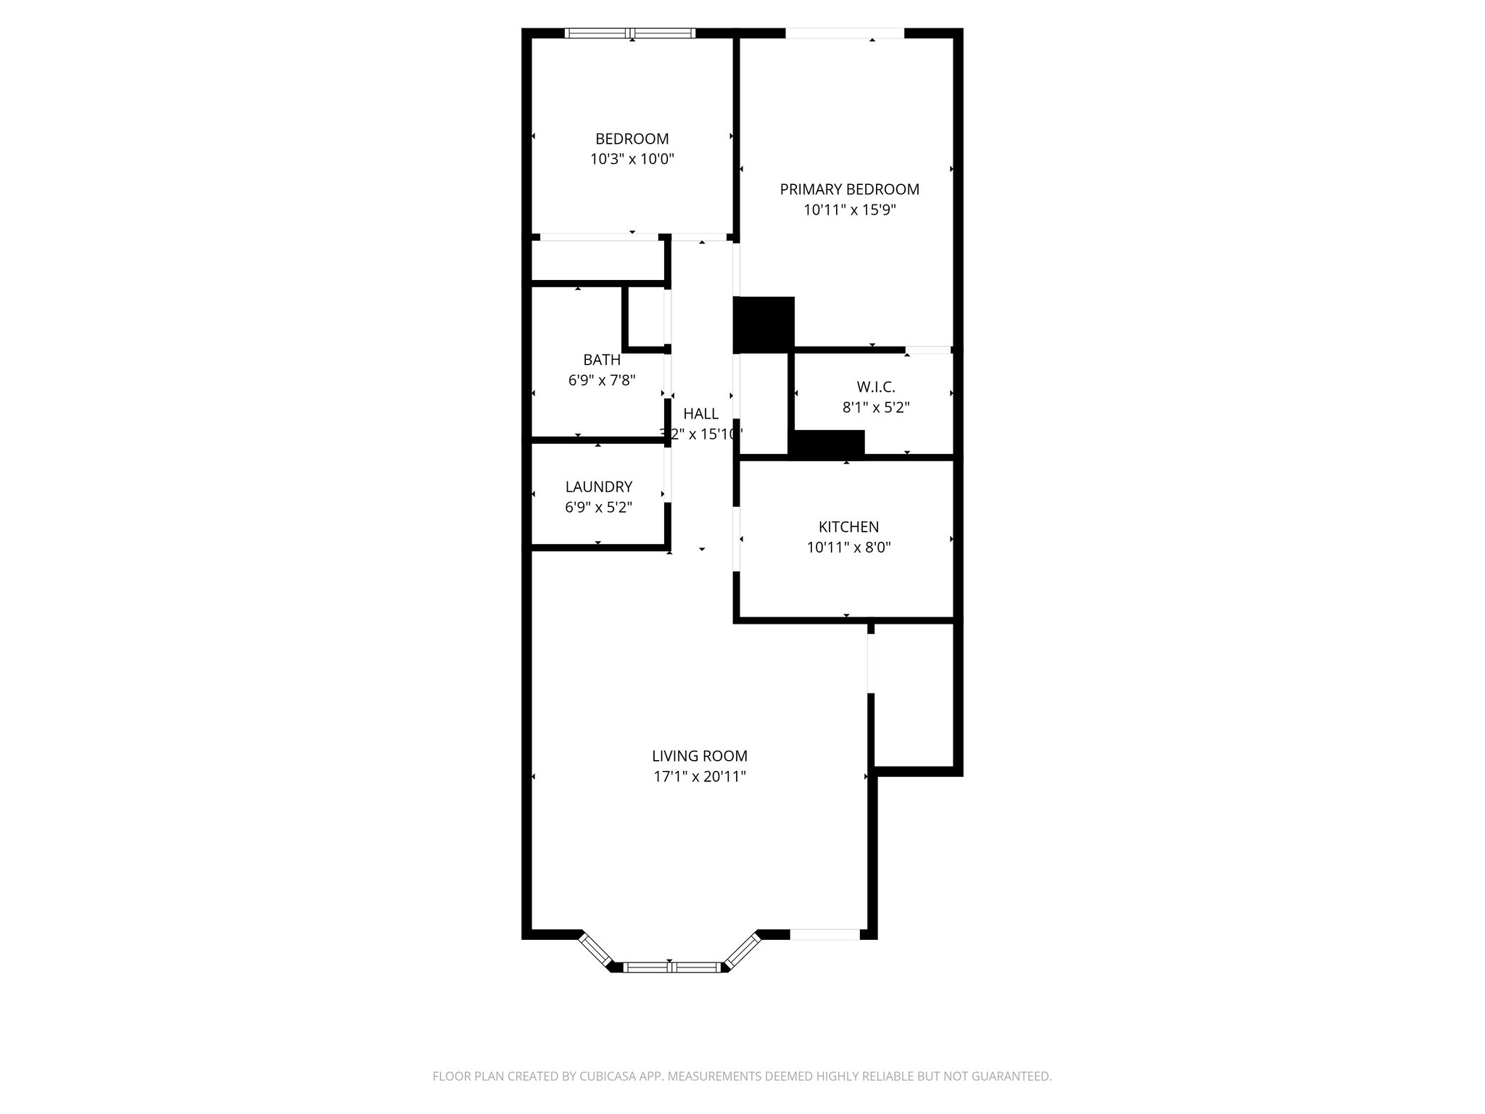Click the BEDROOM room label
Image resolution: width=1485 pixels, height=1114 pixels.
tap(632, 139)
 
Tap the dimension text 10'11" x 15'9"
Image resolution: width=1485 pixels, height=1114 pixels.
tap(849, 210)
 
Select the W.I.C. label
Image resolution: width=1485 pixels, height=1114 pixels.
tap(875, 387)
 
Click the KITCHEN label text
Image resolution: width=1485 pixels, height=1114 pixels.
tap(848, 527)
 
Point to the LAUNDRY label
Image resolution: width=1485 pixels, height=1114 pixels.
tap(598, 487)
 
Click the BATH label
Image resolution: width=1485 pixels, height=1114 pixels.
tap(601, 360)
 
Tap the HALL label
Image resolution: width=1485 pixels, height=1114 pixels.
tap(700, 414)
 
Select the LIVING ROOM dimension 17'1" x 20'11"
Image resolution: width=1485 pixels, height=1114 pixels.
tap(699, 777)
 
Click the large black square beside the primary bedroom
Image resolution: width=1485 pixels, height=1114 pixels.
tap(764, 324)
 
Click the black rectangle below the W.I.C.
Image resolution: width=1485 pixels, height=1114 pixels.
tap(827, 443)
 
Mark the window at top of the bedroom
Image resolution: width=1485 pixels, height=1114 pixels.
tap(630, 33)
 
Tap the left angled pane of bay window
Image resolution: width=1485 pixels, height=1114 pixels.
tap(596, 949)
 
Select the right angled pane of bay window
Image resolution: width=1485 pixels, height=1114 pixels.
tap(742, 949)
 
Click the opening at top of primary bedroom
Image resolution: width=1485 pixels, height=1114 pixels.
tap(845, 33)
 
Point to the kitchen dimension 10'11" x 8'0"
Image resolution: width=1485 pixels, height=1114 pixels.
tap(848, 548)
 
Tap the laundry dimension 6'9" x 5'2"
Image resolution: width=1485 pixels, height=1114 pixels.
tap(598, 508)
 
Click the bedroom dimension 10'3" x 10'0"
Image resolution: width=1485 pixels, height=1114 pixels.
tap(632, 160)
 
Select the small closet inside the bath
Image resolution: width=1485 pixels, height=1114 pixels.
tap(645, 318)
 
